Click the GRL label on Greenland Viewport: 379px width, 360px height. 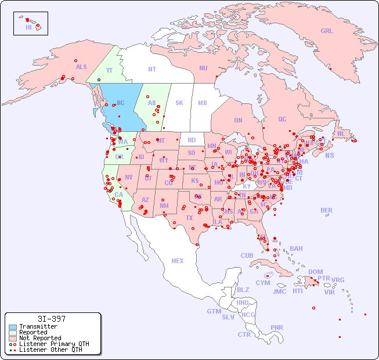pyautogui.click(x=327, y=31)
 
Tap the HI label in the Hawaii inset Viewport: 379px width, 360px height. pyautogui.click(x=28, y=27)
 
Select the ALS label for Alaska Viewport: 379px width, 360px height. pyautogui.click(x=81, y=67)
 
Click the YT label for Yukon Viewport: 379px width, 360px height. pyautogui.click(x=109, y=70)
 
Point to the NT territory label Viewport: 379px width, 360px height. pyautogui.click(x=152, y=69)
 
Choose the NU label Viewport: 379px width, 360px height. pyautogui.click(x=203, y=68)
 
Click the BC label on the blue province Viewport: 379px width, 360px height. pyautogui.click(x=121, y=103)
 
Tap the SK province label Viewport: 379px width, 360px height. pyautogui.click(x=179, y=103)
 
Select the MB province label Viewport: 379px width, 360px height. pyautogui.click(x=203, y=103)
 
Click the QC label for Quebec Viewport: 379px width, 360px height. pyautogui.click(x=282, y=119)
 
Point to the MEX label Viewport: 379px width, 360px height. pyautogui.click(x=178, y=261)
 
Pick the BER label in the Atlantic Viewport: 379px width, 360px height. pyautogui.click(x=327, y=210)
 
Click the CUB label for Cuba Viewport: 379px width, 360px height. pyautogui.click(x=247, y=255)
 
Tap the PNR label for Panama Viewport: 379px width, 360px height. pyautogui.click(x=277, y=327)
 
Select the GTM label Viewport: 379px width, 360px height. pyautogui.click(x=214, y=311)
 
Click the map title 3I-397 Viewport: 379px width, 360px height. pyautogui.click(x=51, y=319)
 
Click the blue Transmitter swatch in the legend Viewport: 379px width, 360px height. pyautogui.click(x=13, y=327)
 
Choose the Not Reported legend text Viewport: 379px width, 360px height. pyautogui.click(x=40, y=338)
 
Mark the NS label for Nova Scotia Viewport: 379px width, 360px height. pyautogui.click(x=330, y=156)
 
